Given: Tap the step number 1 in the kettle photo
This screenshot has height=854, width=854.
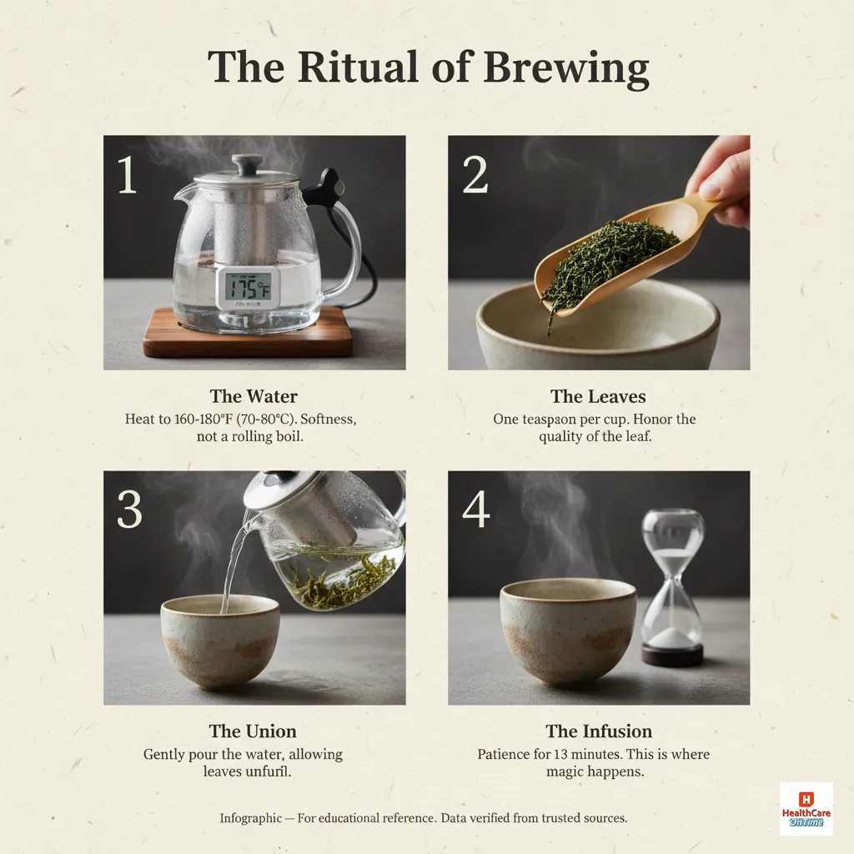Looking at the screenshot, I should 126,176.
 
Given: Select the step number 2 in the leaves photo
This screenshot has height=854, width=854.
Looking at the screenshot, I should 475,176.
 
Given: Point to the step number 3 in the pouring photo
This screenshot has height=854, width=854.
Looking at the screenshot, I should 128,510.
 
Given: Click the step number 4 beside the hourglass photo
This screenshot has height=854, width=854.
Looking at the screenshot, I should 475,510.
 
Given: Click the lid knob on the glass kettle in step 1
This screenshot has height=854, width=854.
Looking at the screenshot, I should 246,164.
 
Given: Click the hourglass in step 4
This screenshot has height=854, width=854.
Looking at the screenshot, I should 672,587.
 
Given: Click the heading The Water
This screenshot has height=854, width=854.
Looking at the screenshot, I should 254,397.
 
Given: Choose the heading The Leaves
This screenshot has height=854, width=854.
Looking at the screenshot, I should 598,397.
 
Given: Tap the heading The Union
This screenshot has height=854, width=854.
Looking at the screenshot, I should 253,731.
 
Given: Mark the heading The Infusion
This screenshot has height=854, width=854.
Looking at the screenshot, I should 599,731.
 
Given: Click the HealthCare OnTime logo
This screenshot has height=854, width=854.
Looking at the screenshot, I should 806,809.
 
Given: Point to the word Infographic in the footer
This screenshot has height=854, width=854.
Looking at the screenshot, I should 250,818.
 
